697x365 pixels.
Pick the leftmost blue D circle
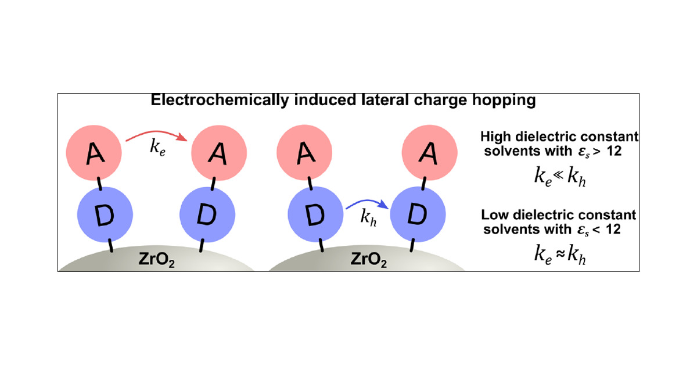point(106,216)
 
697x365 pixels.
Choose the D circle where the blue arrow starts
point(314,216)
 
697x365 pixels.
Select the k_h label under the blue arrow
point(367,219)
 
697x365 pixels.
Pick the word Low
point(494,216)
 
